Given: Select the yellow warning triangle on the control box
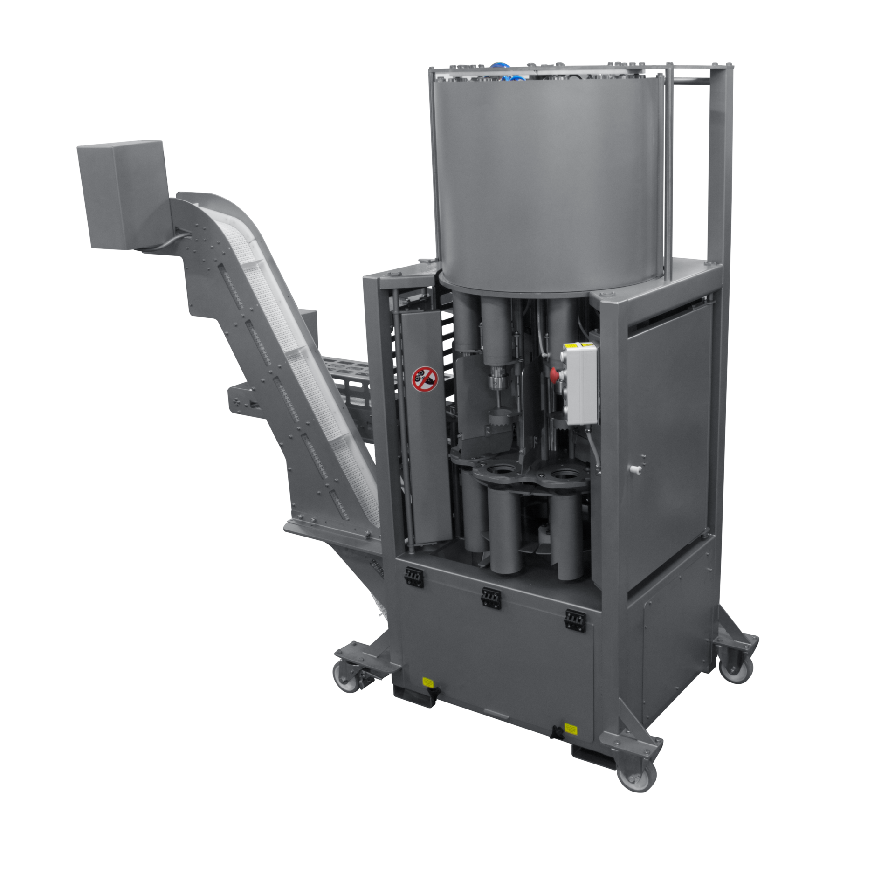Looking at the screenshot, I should click(x=571, y=346).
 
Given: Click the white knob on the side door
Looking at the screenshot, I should click(x=634, y=470).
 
